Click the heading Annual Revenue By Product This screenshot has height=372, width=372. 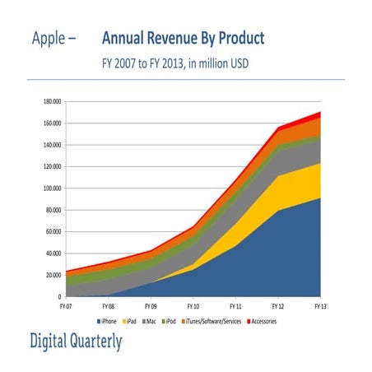(x=184, y=39)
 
